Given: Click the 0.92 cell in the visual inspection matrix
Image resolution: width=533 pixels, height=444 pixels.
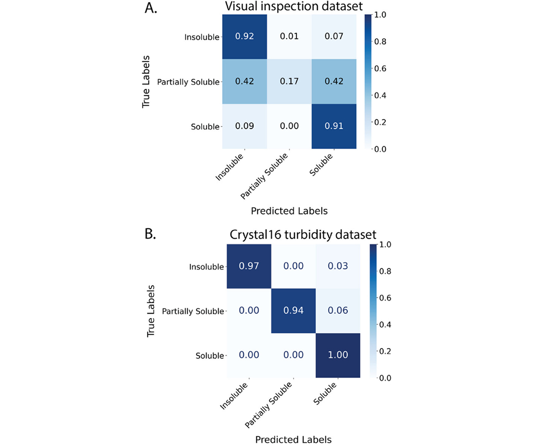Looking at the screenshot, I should (244, 36).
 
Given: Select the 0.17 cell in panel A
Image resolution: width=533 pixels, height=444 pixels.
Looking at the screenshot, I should (289, 82).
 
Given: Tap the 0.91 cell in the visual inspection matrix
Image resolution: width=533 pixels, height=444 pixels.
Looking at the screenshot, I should (334, 127).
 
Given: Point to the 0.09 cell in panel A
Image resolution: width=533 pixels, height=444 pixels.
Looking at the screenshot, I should (244, 127).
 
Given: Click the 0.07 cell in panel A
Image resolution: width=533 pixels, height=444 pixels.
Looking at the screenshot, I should (334, 36).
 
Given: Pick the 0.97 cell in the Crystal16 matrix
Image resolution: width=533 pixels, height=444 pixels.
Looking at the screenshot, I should (249, 266).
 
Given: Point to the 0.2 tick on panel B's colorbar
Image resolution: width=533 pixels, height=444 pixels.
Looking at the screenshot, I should (384, 350).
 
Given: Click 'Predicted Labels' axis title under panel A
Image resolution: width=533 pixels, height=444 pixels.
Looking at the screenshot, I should (289, 211).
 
